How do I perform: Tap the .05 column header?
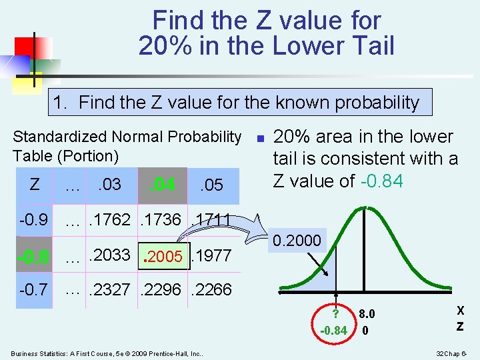pos(211,184)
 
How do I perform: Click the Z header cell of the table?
pos(35,183)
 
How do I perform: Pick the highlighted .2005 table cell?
pos(163,257)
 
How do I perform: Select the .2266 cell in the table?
pos(211,289)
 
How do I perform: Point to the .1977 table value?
pos(211,256)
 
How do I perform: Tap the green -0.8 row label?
pos(33,257)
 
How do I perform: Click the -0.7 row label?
pos(33,289)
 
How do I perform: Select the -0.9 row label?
pos(33,219)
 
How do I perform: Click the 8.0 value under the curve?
pos(367,314)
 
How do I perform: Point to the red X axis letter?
pos(460,311)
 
